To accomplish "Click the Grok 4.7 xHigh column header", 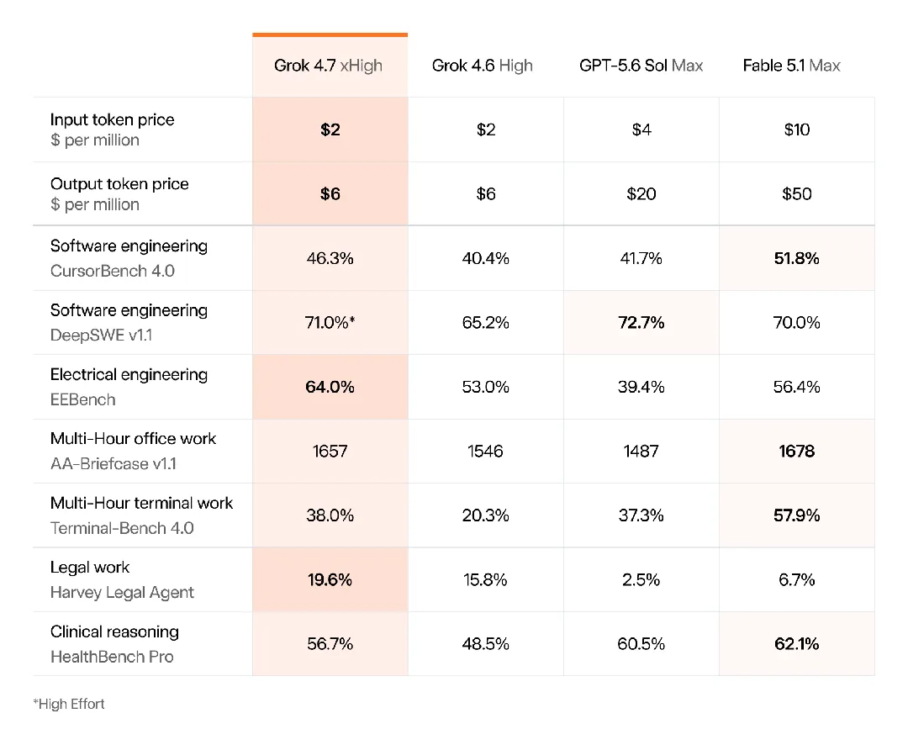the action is tap(329, 66).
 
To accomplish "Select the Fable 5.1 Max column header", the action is tap(792, 66).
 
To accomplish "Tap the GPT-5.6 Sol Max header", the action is tap(641, 66).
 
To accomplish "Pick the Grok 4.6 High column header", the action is tap(483, 66).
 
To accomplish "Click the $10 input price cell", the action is tap(797, 129).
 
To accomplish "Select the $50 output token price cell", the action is tap(797, 193).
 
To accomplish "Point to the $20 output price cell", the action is tap(641, 193).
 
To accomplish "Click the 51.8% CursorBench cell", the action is tap(797, 258).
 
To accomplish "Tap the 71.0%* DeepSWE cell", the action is tap(330, 322).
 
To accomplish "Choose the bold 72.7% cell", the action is tap(641, 322).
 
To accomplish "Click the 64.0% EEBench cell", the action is tap(330, 387).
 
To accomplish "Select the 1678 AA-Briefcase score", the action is tap(797, 451).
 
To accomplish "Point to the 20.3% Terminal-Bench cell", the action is tap(485, 515).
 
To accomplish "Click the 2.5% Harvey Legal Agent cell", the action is tap(641, 579).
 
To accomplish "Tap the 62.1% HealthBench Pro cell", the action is tap(797, 643).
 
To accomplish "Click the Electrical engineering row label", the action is tap(129, 375).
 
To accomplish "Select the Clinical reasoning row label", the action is tap(114, 631).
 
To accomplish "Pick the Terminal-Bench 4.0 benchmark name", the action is tap(122, 528).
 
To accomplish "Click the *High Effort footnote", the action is tap(69, 704).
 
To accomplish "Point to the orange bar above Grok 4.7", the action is tap(330, 34).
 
